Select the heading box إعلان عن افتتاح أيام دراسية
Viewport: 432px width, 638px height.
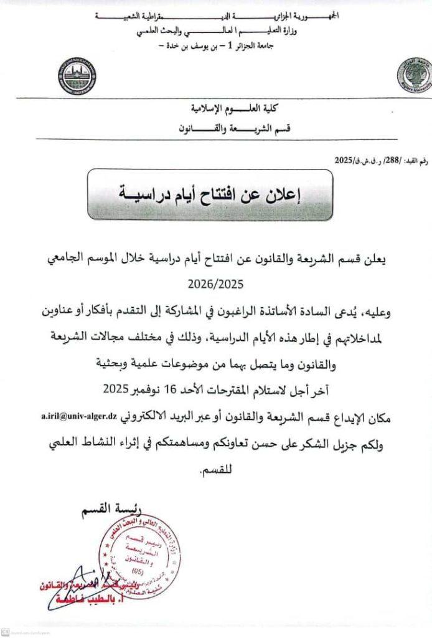(210, 194)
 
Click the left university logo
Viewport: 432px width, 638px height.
(77, 77)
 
